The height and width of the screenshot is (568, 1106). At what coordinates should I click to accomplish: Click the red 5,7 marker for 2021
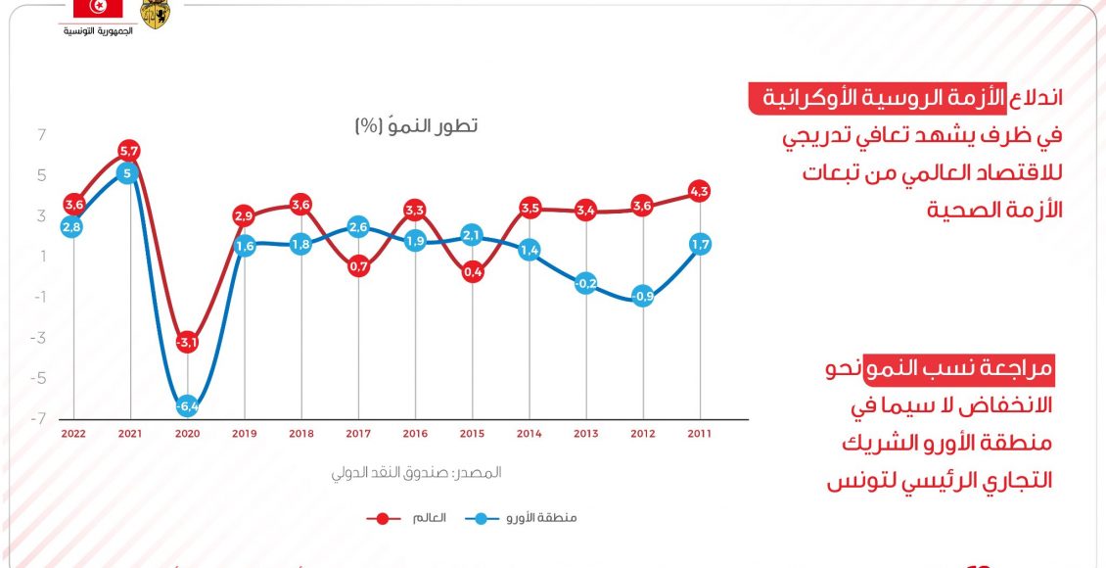coord(129,151)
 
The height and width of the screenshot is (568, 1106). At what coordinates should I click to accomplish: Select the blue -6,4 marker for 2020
coord(187,405)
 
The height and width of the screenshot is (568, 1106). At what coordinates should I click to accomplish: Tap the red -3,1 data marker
coord(187,342)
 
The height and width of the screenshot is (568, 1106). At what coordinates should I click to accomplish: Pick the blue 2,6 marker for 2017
coord(358,227)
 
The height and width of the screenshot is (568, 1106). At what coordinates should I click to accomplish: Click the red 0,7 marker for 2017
coord(358,266)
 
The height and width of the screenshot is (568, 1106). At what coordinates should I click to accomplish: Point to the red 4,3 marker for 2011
coord(699,191)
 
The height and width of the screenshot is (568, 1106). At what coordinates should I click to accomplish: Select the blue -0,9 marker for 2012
coord(642,295)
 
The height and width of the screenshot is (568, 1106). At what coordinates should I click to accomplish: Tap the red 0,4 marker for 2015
coord(472,272)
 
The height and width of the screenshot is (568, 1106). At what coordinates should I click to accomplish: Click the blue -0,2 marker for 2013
coord(585,284)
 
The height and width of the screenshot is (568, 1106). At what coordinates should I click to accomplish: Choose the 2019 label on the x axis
coord(244,432)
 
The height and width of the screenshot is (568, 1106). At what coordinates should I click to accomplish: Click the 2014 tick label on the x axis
coord(529,432)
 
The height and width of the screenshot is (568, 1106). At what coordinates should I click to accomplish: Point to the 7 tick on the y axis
coord(42,135)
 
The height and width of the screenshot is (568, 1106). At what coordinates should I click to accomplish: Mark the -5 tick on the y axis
coord(40,378)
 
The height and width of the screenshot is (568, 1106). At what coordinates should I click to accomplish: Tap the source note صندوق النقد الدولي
coord(416,472)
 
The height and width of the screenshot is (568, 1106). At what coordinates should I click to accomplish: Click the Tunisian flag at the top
coord(98,9)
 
